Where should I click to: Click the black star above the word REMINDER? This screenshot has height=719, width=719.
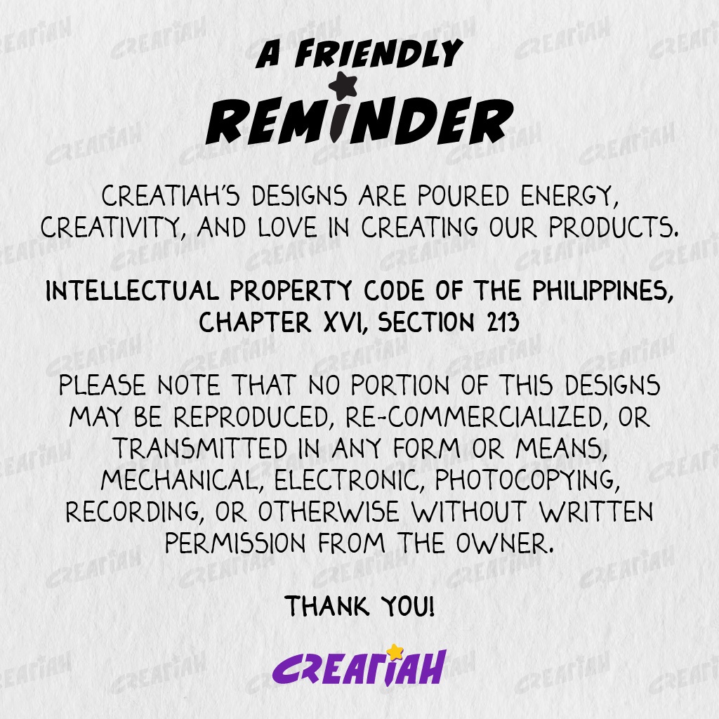343,85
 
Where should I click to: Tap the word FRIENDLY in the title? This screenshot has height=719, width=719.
378,53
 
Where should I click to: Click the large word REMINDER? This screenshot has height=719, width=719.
360,121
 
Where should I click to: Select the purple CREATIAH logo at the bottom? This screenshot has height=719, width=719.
359,666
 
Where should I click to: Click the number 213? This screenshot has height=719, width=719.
503,322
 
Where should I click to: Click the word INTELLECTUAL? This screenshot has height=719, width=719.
133,291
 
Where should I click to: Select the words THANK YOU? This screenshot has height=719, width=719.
359,606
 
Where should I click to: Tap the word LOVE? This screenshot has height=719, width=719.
287,227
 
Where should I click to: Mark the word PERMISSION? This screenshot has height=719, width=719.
235,543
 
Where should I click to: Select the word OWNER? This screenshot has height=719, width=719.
505,543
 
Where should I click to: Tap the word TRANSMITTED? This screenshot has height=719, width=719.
200,448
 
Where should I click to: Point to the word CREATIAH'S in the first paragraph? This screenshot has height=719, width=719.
170,196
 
